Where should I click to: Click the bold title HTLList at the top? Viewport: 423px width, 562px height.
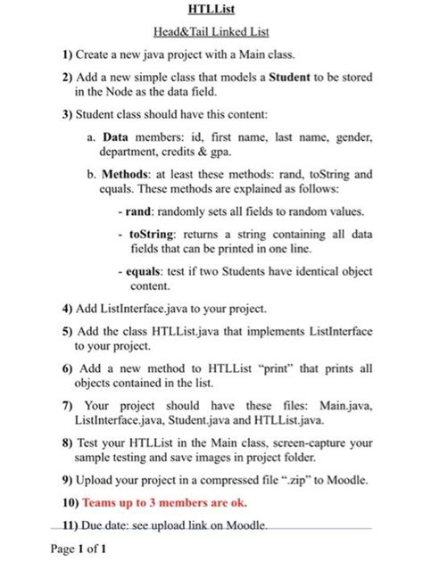(x=211, y=10)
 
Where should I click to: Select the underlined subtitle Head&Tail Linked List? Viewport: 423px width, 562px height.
(x=211, y=32)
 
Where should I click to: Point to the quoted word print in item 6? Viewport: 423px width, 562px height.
(x=282, y=368)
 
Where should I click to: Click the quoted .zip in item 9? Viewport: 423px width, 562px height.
(x=298, y=482)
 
